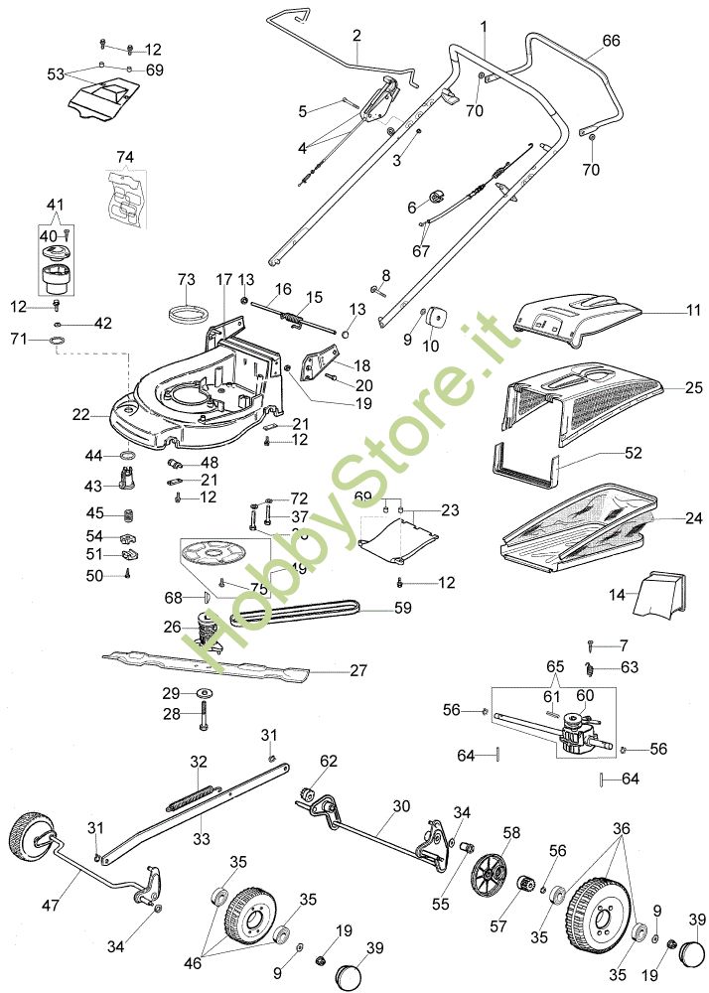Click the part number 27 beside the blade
(x=358, y=670)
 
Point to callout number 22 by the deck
(x=81, y=412)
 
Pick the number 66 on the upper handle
(x=612, y=41)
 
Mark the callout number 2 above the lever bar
(x=355, y=35)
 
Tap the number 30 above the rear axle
(x=400, y=806)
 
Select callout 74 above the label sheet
(x=124, y=157)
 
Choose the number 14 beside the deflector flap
(x=618, y=595)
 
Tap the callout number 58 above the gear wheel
(x=511, y=831)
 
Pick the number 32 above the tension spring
(x=199, y=762)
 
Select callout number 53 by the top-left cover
(x=56, y=73)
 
